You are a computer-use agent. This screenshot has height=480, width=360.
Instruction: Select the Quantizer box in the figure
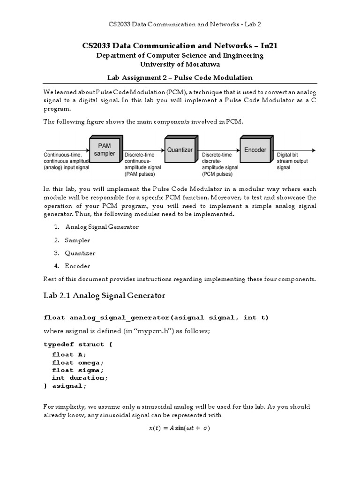(x=180, y=150)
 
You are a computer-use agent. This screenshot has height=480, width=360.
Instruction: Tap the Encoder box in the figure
(x=255, y=150)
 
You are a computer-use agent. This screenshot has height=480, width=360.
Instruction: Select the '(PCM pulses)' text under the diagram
(x=217, y=174)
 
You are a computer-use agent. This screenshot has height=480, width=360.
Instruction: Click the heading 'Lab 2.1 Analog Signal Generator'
(x=105, y=295)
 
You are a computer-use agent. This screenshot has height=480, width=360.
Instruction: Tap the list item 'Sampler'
(x=77, y=240)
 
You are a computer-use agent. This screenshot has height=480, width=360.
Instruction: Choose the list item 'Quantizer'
(x=80, y=253)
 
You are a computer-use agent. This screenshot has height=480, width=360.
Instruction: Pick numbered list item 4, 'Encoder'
(x=77, y=266)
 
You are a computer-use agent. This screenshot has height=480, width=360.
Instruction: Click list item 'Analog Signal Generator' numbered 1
(x=102, y=227)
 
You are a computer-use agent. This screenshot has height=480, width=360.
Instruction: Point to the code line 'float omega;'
(x=77, y=362)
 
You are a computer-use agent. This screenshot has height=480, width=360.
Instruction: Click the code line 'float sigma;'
(x=77, y=370)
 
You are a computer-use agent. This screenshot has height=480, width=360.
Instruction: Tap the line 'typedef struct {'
(x=78, y=344)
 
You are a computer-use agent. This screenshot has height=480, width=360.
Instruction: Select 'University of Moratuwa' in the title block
(x=180, y=64)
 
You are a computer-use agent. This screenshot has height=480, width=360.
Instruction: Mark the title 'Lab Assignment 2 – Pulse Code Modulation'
(x=180, y=77)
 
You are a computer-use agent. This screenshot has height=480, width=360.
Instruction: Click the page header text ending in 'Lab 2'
(x=180, y=23)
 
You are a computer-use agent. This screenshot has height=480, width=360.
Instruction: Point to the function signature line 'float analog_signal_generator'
(x=156, y=317)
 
